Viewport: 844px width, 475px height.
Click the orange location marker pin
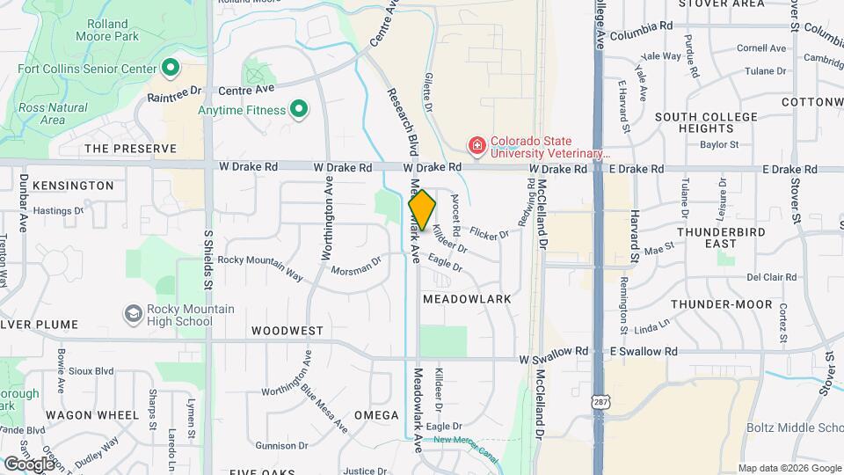(422, 210)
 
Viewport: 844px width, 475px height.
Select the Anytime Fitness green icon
(299, 110)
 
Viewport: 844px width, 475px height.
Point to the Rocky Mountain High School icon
(133, 314)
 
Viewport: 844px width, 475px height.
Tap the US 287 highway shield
(598, 400)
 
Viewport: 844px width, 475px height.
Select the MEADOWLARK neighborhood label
(467, 299)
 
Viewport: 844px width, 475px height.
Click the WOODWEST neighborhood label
(287, 332)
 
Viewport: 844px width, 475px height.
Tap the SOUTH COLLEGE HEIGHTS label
(706, 122)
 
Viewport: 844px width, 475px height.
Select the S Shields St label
(208, 259)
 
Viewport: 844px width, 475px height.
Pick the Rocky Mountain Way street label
(260, 267)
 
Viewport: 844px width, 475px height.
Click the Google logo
(29, 463)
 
